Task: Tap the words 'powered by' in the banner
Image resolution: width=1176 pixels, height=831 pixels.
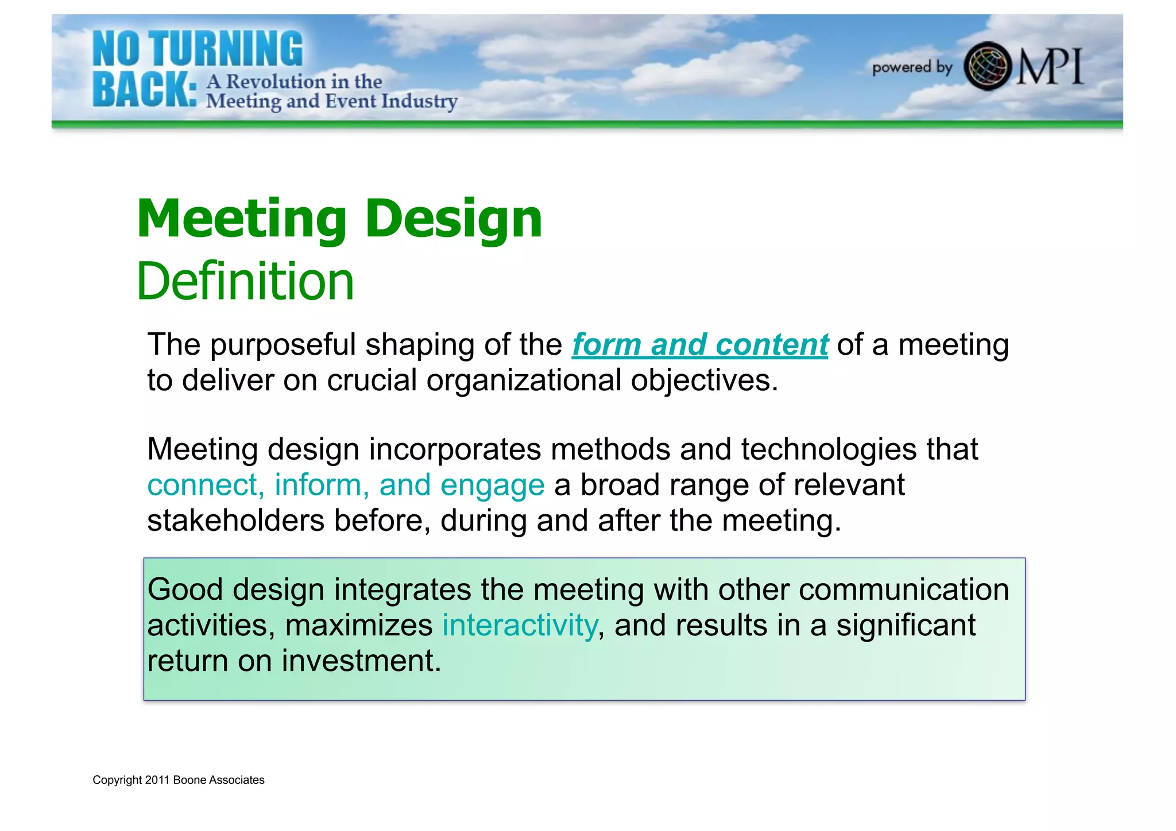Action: (912, 68)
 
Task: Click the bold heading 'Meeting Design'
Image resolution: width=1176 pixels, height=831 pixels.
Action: (339, 219)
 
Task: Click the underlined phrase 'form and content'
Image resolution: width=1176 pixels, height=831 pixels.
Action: (699, 345)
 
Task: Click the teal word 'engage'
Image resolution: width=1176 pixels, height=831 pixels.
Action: (492, 485)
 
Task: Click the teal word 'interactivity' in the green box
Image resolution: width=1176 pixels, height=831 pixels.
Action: (520, 625)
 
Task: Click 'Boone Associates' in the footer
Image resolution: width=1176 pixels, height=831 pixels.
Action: (219, 780)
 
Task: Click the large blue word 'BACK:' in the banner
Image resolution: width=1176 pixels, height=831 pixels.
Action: (144, 91)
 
